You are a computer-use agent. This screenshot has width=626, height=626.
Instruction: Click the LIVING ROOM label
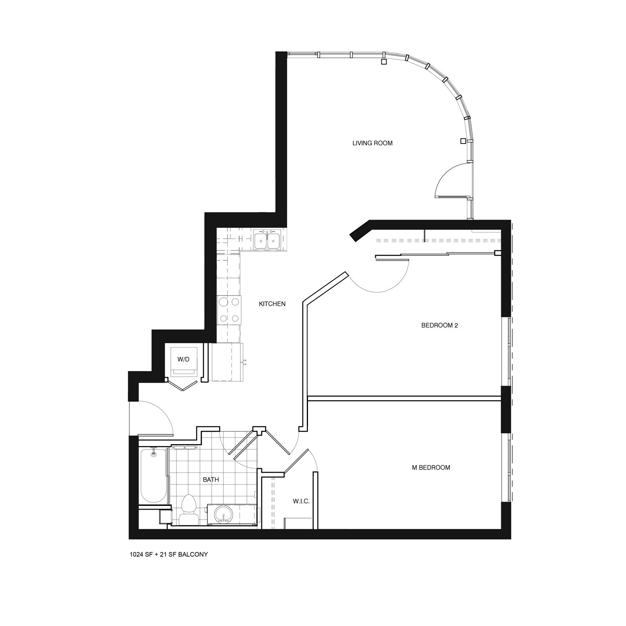point(372,143)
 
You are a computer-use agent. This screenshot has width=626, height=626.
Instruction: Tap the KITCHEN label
point(272,304)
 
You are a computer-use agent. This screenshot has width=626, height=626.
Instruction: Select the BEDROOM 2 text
point(439,326)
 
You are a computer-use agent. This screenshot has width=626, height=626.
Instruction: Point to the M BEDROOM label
point(431,468)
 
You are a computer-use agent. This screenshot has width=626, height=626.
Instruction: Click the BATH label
point(211,480)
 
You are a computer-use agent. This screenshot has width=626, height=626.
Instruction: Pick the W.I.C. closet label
point(301,501)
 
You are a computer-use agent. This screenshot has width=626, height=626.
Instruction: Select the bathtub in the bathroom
point(154,476)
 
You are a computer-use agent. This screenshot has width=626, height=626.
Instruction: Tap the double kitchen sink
point(267,240)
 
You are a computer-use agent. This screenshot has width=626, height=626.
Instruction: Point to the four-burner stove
point(229,310)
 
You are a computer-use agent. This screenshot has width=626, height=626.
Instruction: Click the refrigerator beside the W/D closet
point(227,362)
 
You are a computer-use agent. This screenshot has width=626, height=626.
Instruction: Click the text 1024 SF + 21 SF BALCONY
point(169,555)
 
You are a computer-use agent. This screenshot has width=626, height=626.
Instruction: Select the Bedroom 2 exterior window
point(508,351)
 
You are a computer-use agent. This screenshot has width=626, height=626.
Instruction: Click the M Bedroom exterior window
point(508,467)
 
